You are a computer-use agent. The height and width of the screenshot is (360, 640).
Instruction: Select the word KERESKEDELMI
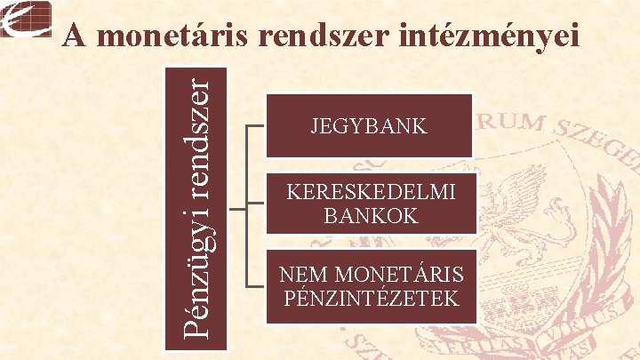(369, 191)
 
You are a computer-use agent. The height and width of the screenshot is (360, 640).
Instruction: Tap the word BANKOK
(369, 215)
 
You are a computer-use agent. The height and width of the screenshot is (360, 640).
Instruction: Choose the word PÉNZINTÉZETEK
(369, 298)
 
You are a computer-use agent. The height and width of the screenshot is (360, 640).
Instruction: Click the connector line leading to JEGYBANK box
(255, 125)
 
